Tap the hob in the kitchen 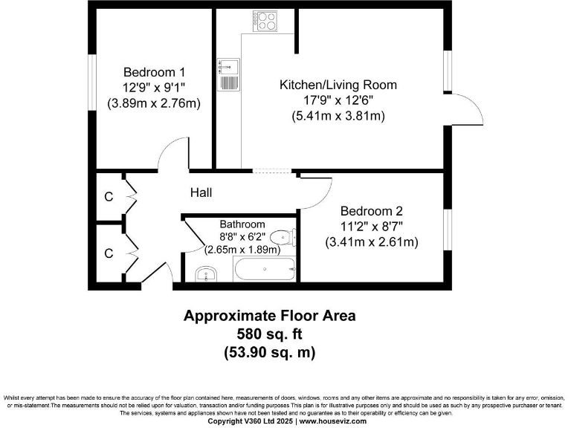tap(264, 22)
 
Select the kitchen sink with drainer tap(228, 74)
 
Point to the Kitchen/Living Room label tap(338, 85)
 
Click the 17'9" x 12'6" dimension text tap(338, 100)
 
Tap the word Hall tap(201, 193)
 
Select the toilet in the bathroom tap(283, 238)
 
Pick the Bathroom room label tap(242, 224)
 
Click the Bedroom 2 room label tap(370, 210)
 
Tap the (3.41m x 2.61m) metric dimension tap(371, 242)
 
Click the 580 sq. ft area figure tap(269, 334)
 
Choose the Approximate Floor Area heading tap(269, 316)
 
